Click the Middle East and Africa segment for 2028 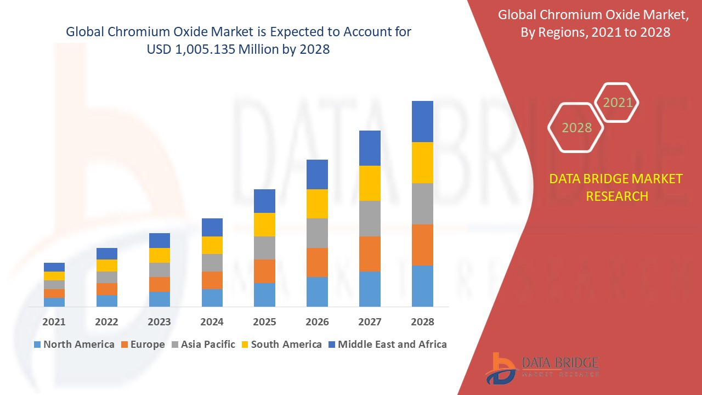coord(422,121)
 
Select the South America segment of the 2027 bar coord(370,183)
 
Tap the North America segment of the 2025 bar coord(264,295)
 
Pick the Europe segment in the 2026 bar coord(317,262)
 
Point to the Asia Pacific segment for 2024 coord(212,263)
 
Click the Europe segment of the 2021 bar coord(54,294)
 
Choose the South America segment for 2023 coord(160,255)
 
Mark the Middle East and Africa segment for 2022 coord(107,253)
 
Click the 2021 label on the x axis coord(54,322)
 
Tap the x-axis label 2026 coord(317,322)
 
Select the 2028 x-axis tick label coord(422,322)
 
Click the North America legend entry coord(73,345)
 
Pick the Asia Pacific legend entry coord(203,345)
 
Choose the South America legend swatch coord(244,345)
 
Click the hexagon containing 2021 coord(617,103)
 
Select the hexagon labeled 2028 coord(576,127)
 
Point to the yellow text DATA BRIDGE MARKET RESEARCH coord(616,187)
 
